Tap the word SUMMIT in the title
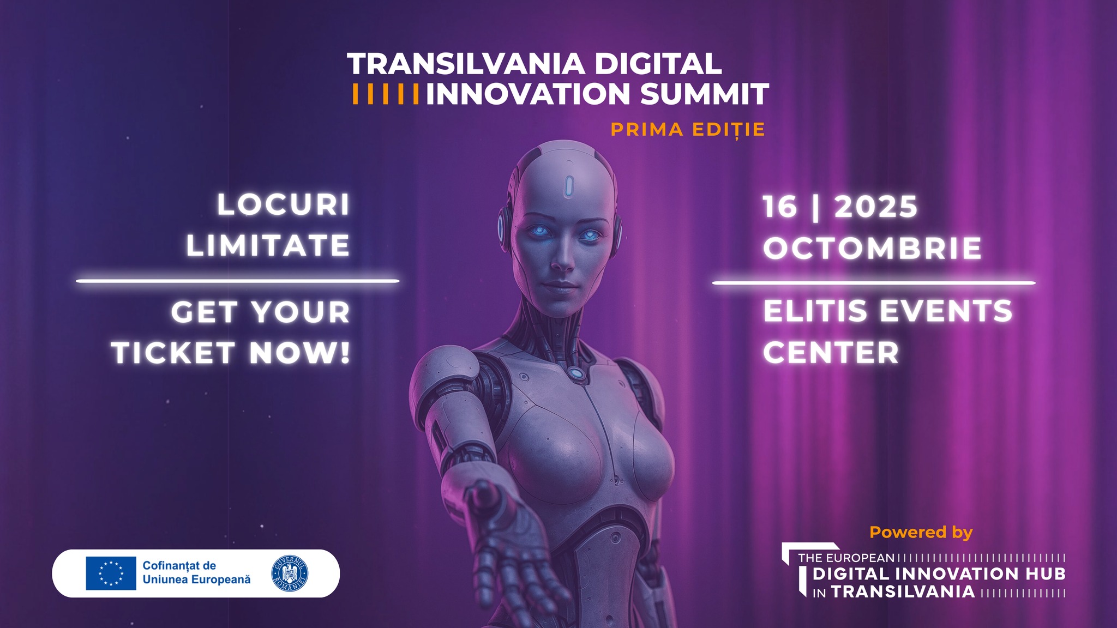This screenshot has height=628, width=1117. click(x=705, y=94)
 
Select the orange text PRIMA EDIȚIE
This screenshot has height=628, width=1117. click(x=688, y=130)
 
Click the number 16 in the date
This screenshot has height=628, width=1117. click(x=780, y=207)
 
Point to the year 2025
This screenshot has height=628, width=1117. click(x=876, y=207)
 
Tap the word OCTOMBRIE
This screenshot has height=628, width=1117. click(x=872, y=248)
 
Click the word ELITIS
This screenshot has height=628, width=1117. click(x=815, y=311)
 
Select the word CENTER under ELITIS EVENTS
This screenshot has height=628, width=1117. click(x=831, y=352)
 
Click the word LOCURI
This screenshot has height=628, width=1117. click(x=283, y=205)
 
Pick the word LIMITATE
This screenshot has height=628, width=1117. click(x=268, y=245)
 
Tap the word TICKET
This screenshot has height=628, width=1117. click(x=173, y=353)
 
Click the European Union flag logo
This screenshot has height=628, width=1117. click(x=111, y=573)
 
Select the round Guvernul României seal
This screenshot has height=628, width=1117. click(x=290, y=573)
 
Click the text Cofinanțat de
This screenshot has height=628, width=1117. click(x=179, y=566)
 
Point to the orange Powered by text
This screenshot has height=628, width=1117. click(x=921, y=533)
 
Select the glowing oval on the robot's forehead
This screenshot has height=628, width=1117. click(x=569, y=186)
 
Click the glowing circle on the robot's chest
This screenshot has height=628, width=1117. click(x=575, y=373)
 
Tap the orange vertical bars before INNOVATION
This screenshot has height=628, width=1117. click(x=386, y=94)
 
